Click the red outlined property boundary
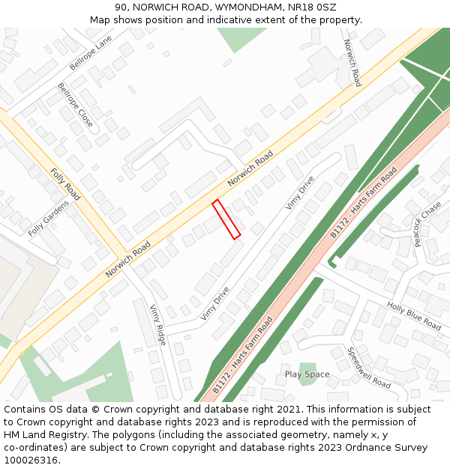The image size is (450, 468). click(226, 219)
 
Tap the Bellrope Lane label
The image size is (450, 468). click(91, 52)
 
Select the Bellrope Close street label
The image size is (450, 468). click(76, 105)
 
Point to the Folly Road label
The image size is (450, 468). click(66, 183)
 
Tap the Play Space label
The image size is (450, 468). click(307, 374)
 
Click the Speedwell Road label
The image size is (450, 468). click(369, 367)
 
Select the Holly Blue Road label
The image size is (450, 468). click(414, 316)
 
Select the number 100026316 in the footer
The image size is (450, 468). click(31, 461)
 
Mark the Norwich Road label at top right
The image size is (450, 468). click(352, 63)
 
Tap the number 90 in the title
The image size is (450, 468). click(121, 7)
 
